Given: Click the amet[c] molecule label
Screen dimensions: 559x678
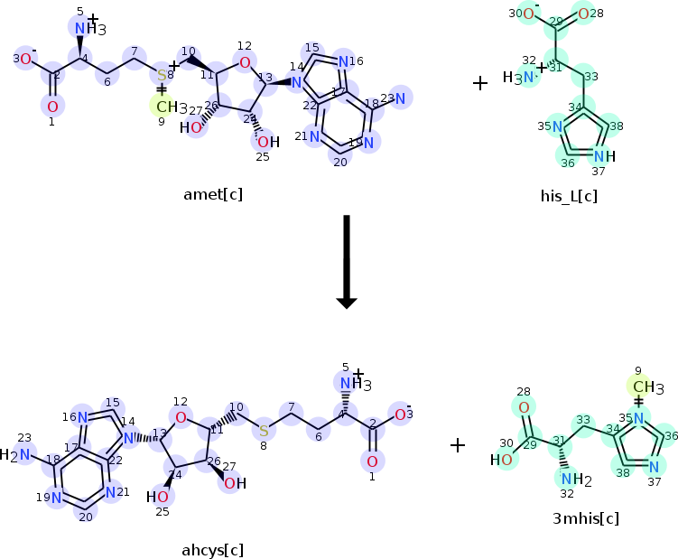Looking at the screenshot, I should (x=213, y=194).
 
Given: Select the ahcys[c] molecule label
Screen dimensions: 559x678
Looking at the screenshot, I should (x=213, y=549).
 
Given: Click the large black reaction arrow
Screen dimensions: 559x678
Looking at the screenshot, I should (x=345, y=262).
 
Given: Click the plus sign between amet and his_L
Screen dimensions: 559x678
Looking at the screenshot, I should (x=480, y=83).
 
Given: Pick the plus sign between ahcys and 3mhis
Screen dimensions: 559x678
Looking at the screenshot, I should (x=458, y=445).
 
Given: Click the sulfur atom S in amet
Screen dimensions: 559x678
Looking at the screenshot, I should (x=162, y=74).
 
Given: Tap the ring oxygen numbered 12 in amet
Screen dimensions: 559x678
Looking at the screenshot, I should (x=245, y=62).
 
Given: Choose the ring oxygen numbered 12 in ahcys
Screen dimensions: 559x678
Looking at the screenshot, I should (x=181, y=416).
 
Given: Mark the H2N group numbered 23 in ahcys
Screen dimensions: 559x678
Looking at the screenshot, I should (x=16, y=454).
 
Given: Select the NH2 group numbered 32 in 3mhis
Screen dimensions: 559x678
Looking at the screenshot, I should (x=575, y=479).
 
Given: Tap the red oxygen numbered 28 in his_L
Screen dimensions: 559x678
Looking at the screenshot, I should (x=584, y=14).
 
